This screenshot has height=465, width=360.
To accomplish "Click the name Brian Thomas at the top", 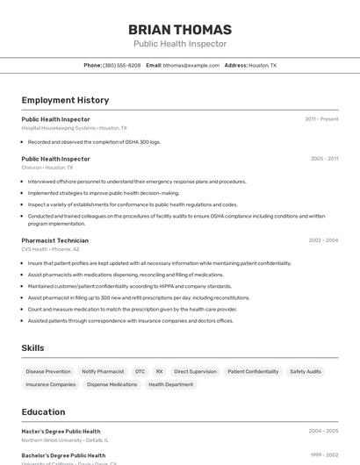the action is (x=180, y=29).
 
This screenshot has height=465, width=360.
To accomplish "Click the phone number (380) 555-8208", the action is (x=121, y=65).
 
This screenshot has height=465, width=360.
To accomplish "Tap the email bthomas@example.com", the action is (x=191, y=65).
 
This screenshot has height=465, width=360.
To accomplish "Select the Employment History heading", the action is (x=65, y=100).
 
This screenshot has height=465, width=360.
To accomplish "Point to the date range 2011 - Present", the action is (x=321, y=118).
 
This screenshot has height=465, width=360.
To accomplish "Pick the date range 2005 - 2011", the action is (x=324, y=159).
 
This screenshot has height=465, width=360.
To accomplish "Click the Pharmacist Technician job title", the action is (x=54, y=240).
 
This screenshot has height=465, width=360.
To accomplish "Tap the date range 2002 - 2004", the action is (x=323, y=240).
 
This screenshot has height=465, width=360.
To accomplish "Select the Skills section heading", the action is (x=32, y=348).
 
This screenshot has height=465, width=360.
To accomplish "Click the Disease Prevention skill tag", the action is (x=48, y=371).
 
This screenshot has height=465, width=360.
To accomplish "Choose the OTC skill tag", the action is (x=140, y=371).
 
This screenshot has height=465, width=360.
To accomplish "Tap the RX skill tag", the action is (x=160, y=371).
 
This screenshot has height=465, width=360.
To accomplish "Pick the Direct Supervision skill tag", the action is (x=195, y=371).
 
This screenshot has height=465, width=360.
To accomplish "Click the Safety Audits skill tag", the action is (x=306, y=371).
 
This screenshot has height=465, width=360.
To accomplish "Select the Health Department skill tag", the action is (x=170, y=384).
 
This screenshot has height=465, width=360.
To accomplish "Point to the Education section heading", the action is (x=43, y=411).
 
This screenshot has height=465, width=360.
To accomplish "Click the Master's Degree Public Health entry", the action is (x=61, y=431).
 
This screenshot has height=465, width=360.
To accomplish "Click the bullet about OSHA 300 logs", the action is (x=94, y=141).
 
